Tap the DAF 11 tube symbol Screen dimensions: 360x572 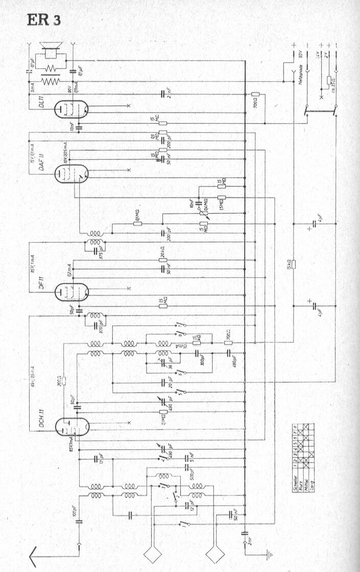pos(71,174)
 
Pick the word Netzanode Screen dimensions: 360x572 pos(301,82)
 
